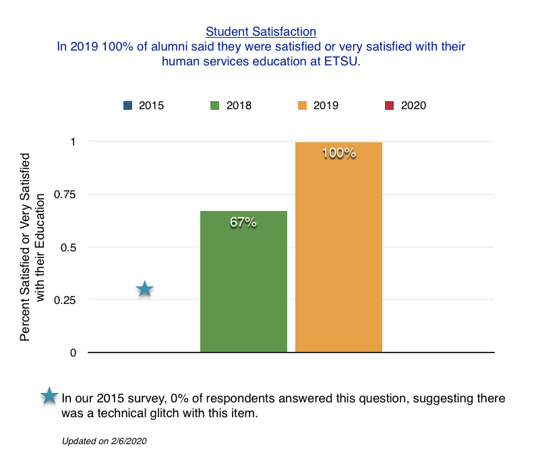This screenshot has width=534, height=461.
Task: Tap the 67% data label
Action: point(243,222)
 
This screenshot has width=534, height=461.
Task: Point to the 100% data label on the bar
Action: point(338,153)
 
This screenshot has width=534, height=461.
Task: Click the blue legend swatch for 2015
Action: point(127,105)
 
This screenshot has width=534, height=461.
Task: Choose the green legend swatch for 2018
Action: point(215,105)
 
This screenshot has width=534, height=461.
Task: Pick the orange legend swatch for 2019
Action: point(301,105)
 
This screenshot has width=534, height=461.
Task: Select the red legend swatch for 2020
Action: point(389,105)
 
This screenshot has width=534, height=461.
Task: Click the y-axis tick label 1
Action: point(73,142)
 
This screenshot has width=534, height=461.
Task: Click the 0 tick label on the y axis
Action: point(73,352)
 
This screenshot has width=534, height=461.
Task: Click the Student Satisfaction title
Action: point(261,31)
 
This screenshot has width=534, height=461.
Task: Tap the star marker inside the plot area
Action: point(144,290)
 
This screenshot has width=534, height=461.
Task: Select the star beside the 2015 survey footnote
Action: point(49,396)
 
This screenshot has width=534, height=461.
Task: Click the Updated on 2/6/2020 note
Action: point(104,441)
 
